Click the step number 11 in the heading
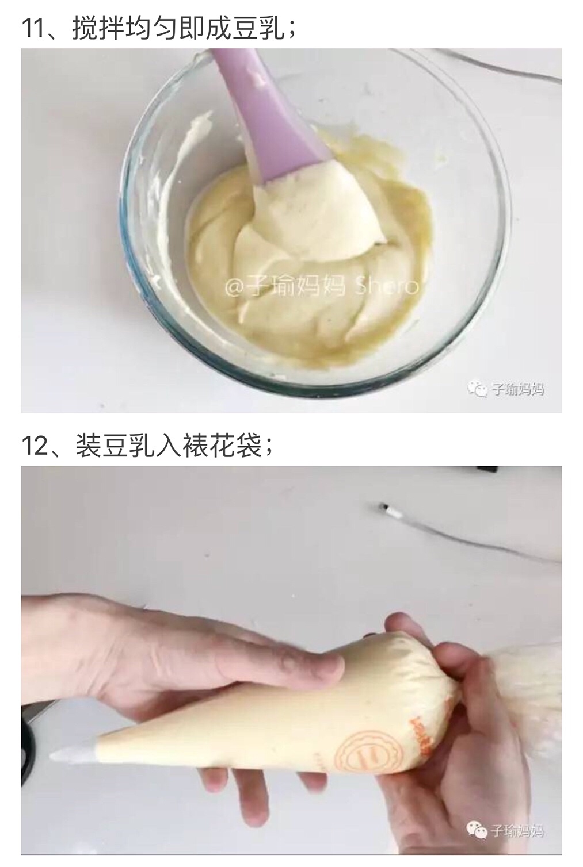(36, 27)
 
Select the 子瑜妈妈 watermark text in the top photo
(518, 390)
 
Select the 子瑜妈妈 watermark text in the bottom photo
(517, 830)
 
